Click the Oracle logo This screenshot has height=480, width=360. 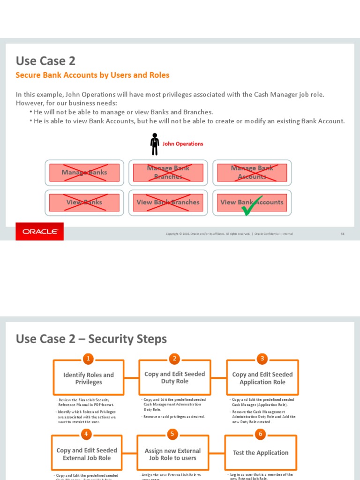40,232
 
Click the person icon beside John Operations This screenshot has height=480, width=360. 155,144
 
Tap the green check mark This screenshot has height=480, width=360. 252,207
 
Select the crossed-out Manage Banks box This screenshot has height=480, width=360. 84,172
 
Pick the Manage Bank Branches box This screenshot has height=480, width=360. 168,172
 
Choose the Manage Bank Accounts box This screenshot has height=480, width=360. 252,172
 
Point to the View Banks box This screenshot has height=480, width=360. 84,202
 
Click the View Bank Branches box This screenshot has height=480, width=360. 168,202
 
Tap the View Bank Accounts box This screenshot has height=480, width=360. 252,202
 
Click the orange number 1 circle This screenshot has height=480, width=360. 88,359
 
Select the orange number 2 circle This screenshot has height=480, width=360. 174,359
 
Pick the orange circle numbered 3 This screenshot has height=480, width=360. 262,359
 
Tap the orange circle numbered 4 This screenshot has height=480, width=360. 86,434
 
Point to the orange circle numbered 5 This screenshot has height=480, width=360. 172,434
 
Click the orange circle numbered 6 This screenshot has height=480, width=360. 261,434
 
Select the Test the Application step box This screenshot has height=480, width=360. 261,453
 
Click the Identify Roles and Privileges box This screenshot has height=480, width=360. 89,378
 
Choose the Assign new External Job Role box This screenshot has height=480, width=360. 172,454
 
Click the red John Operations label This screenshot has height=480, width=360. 183,144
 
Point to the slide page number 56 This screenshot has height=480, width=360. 343,233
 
